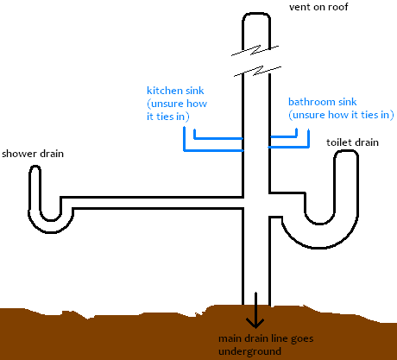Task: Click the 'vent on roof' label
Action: pos(318,7)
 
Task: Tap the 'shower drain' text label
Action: pos(33,154)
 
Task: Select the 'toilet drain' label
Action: pos(352,142)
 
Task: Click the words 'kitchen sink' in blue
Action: pos(175,91)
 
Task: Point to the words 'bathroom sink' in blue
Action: pos(323,102)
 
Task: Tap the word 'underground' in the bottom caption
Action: pos(249,351)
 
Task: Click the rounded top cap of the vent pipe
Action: pos(256,15)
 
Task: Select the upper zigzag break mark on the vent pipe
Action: pos(255,50)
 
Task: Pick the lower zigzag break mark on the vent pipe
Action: pos(257,72)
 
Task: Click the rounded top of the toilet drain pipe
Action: pos(346,153)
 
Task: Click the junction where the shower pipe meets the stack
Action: pos(244,203)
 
